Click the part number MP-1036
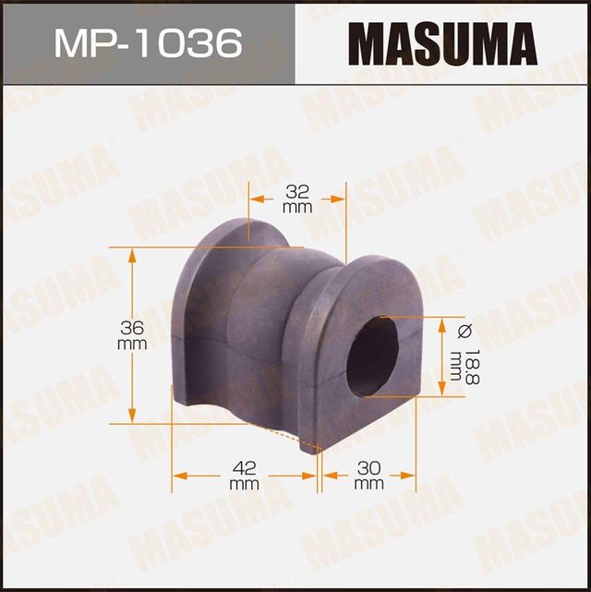[147, 42]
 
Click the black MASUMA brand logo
[442, 43]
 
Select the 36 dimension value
[133, 327]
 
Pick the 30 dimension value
[368, 467]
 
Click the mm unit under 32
[297, 210]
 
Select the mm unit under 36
[133, 344]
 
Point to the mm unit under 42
[244, 483]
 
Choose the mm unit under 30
[368, 483]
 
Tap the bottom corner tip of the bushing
[319, 453]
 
